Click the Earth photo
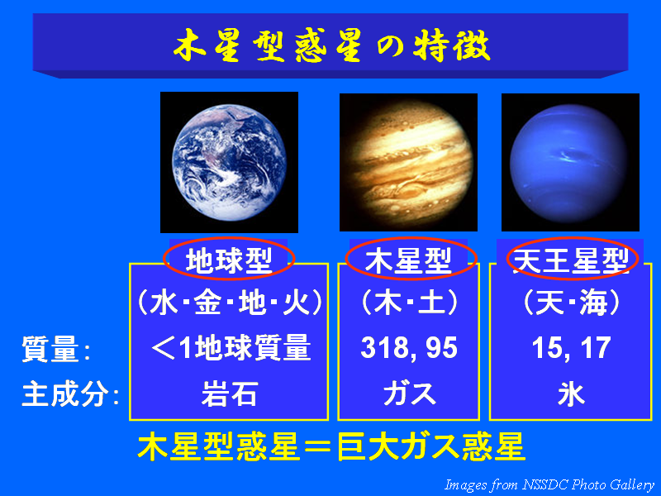coord(229,162)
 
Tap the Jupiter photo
coord(408,162)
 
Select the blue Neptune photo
coord(570,162)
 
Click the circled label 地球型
coord(229,258)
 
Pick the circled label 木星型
coord(411,258)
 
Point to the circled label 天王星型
coord(572,258)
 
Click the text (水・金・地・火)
coord(230,303)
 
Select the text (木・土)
coord(409,303)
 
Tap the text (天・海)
coord(571,303)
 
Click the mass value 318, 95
coord(409,348)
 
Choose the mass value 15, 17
coord(571,348)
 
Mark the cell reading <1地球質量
coord(231,348)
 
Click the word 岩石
coord(230,394)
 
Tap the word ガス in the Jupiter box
coord(409,394)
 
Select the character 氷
coord(571,394)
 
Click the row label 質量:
coord(56,349)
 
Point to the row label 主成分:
coord(70,394)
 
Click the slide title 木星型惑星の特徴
coord(332,45)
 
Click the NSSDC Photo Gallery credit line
coord(549,484)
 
